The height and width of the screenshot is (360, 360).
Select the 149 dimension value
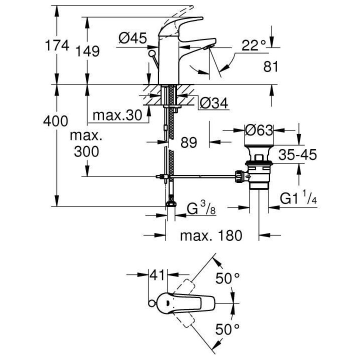pyautogui.click(x=88, y=50)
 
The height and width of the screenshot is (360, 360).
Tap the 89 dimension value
pyautogui.click(x=188, y=142)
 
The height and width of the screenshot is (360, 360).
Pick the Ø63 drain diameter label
pyautogui.click(x=258, y=130)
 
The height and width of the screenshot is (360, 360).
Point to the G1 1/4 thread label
pyautogui.click(x=299, y=198)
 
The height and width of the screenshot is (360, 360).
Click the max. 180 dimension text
pyautogui.click(x=211, y=235)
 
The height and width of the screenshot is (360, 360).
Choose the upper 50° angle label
pyautogui.click(x=231, y=278)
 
